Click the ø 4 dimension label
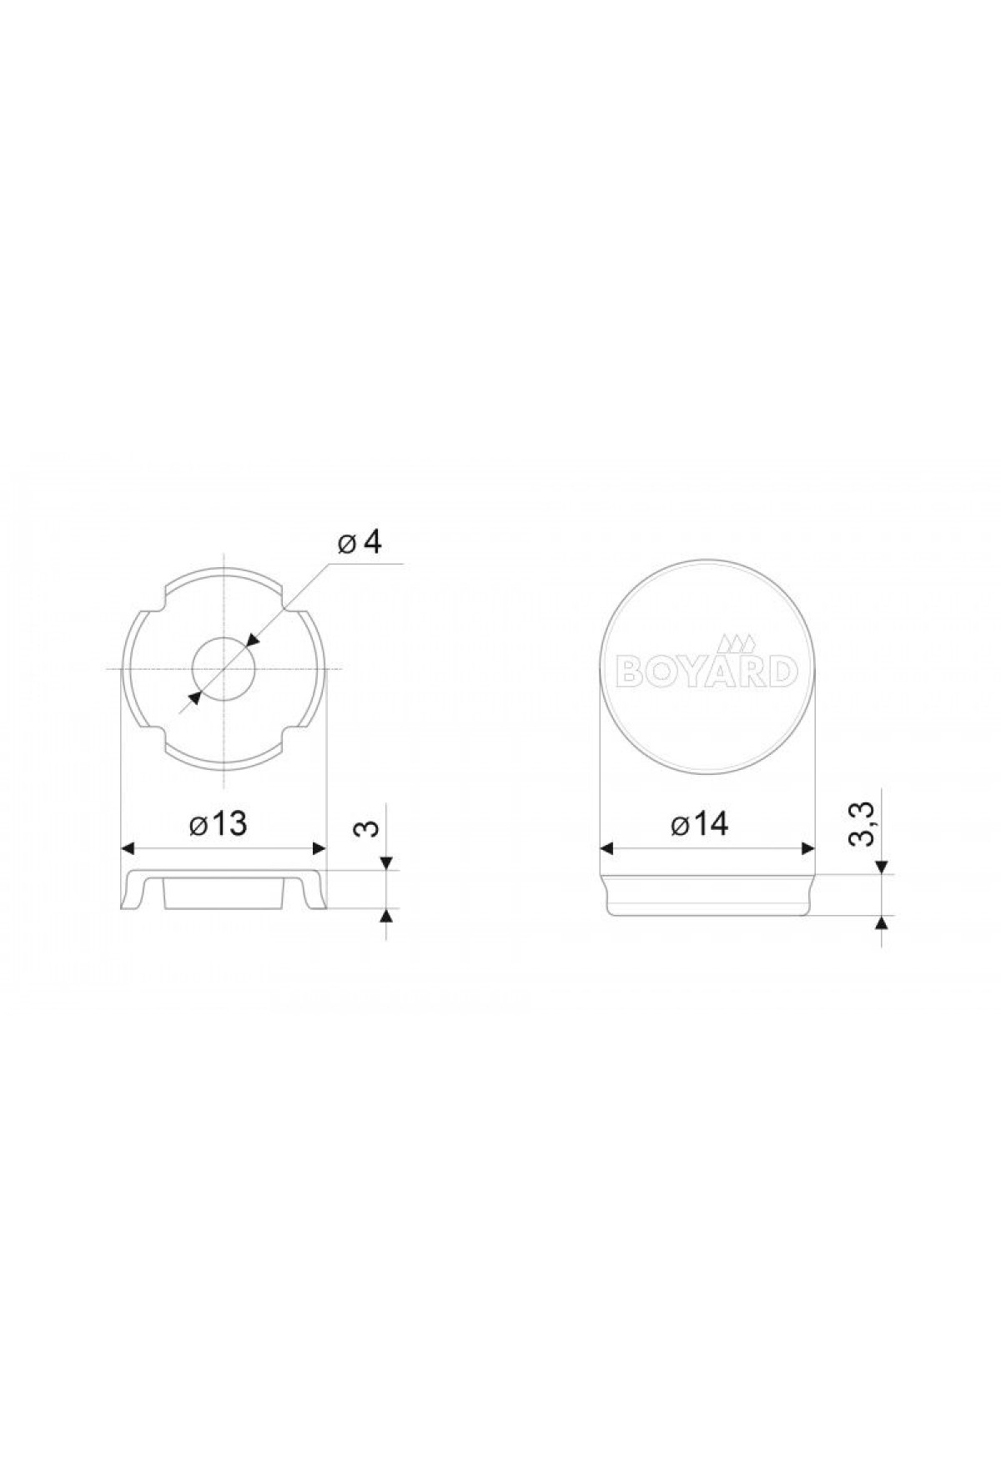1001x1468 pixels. click(x=360, y=543)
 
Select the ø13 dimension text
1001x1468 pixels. click(x=219, y=824)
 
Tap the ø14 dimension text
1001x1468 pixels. click(x=699, y=824)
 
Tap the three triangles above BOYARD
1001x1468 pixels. click(x=737, y=644)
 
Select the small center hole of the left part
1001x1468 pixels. click(x=223, y=669)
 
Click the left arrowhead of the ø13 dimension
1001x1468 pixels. click(x=129, y=848)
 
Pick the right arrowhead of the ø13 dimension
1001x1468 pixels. click(x=318, y=848)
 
